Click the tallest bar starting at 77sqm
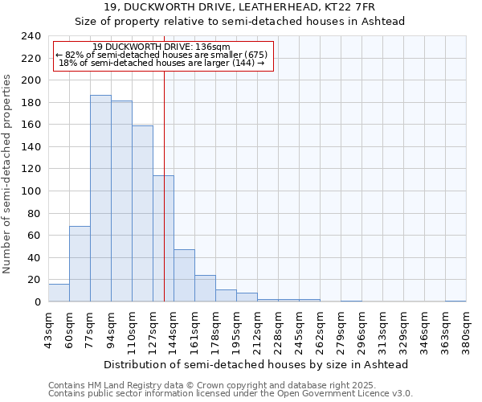click(100, 199)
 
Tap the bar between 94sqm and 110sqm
click(121, 201)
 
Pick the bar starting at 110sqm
click(142, 213)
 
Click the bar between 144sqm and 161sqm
click(184, 276)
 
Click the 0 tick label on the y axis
click(38, 302)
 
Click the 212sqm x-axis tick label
click(257, 329)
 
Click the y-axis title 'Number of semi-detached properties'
click(7, 174)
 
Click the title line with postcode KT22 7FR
click(240, 7)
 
